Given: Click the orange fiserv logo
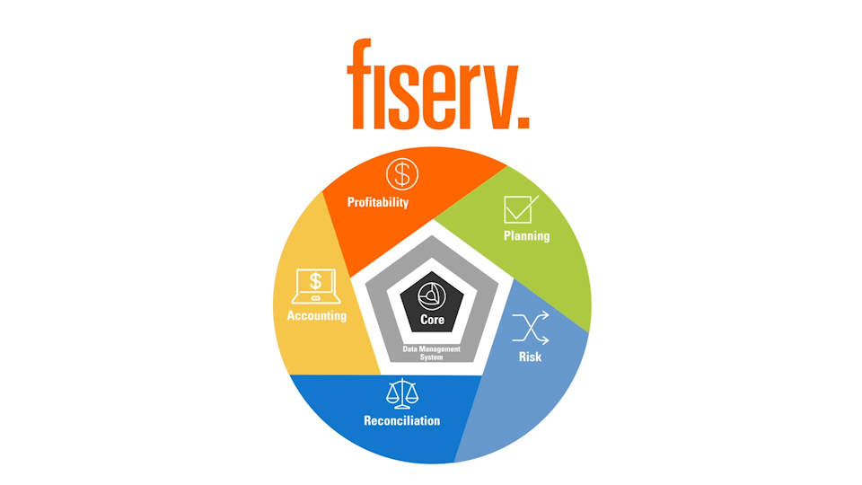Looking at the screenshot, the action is coord(438,84).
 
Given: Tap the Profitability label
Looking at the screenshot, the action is coord(378,202).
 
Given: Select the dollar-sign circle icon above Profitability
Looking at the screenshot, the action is coord(402,173).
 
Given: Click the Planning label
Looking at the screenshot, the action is coord(526,236).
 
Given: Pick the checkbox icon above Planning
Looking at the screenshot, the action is coord(520,209).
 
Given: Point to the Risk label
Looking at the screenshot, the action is coord(530,357).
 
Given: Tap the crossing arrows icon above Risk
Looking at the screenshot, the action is coord(530,329).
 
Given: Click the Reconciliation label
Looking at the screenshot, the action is coord(401,420).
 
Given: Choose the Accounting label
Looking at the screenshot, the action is coord(316,316).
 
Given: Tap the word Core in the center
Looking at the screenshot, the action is coord(432,320).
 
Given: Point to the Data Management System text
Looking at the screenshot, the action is coord(432,352).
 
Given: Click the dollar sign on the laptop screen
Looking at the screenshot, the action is coord(315,281).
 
